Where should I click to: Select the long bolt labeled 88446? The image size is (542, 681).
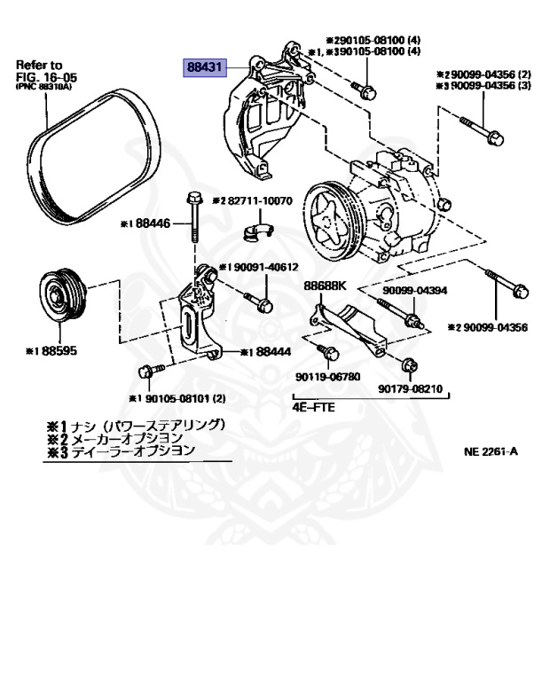pos(192,217)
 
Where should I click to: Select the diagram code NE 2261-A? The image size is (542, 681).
pos(491,450)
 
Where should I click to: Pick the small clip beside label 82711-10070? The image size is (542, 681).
pos(255,232)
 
